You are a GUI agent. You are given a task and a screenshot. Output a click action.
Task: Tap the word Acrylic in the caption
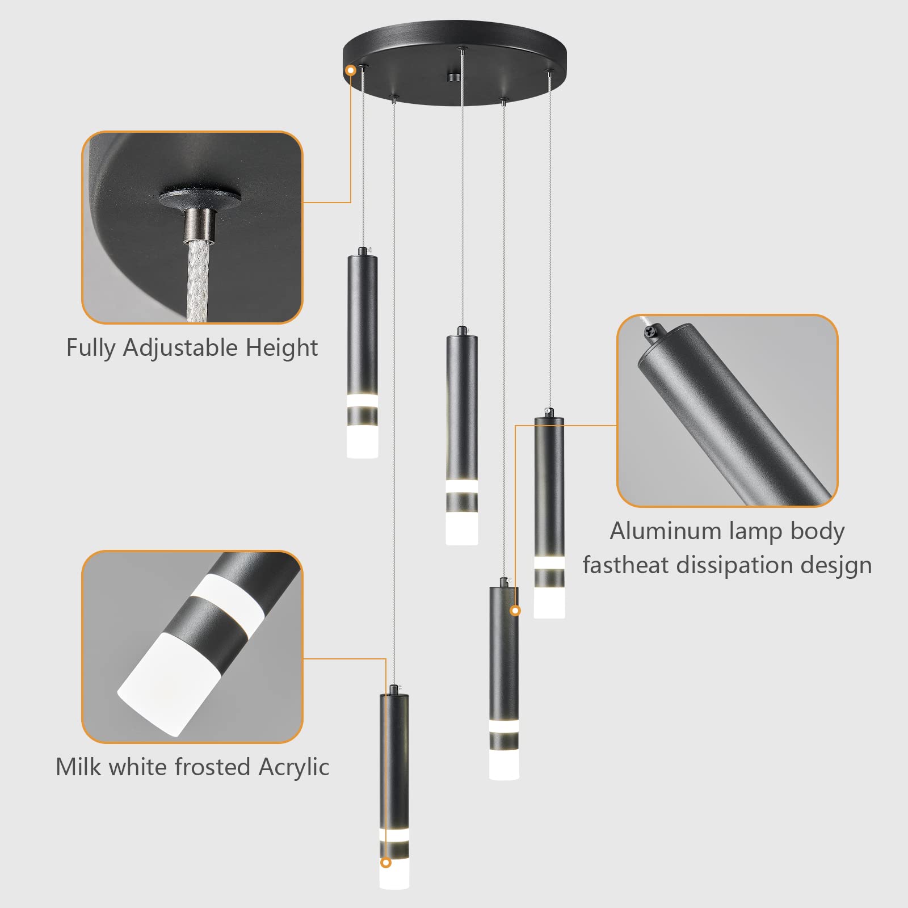pyautogui.click(x=293, y=767)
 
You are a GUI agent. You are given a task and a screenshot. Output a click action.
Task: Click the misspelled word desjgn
pyautogui.click(x=836, y=565)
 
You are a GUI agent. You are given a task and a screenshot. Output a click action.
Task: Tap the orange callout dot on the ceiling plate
pyautogui.click(x=351, y=70)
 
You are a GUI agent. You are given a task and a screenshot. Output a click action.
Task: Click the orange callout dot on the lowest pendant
pyautogui.click(x=386, y=863)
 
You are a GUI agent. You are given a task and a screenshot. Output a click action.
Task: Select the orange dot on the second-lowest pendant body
pyautogui.click(x=515, y=611)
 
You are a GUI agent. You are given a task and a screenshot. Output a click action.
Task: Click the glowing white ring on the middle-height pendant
pyautogui.click(x=461, y=486)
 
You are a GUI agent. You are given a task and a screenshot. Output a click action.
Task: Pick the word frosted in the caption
pyautogui.click(x=213, y=767)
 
